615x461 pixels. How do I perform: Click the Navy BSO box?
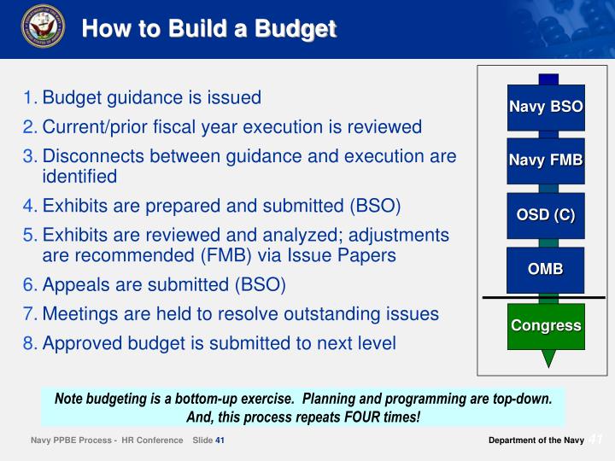pos(545,108)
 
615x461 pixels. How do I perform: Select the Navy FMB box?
pos(545,160)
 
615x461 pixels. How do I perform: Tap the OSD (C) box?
pos(545,215)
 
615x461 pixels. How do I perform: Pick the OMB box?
pos(545,270)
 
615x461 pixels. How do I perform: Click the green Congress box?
pos(545,326)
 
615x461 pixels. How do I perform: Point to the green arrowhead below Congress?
pos(548,359)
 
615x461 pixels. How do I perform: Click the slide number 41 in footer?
pos(220,441)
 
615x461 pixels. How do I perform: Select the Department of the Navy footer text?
pos(536,441)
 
